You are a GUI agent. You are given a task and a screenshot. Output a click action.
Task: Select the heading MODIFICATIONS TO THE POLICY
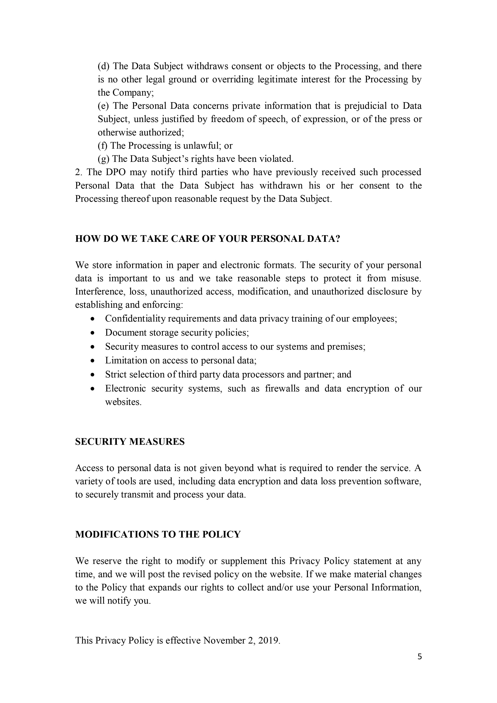(158, 534)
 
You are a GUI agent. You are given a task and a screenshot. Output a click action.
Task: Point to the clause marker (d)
(104, 66)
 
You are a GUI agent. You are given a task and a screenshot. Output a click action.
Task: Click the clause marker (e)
(104, 106)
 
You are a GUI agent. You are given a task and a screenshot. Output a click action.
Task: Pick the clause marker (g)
(104, 159)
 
